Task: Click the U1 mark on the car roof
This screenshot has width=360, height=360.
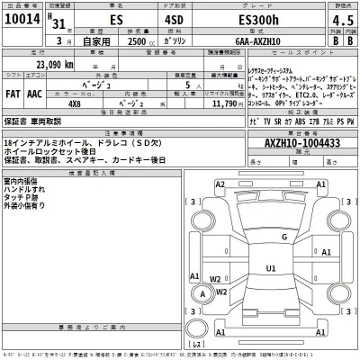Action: point(270,267)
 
